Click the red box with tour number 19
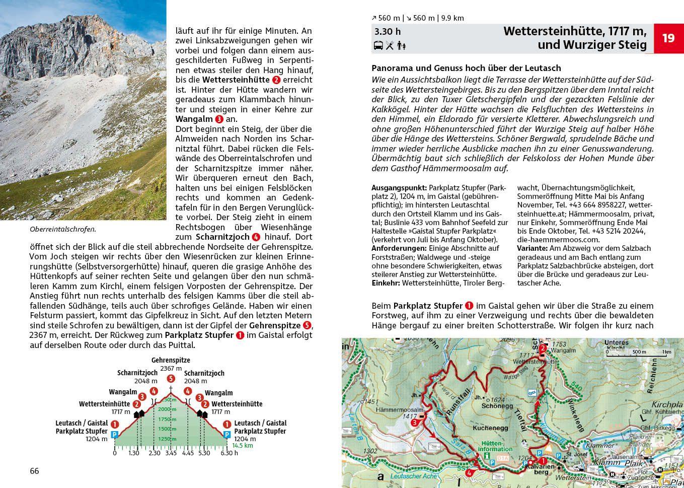click(x=668, y=38)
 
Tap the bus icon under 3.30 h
click(x=378, y=46)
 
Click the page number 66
click(x=34, y=471)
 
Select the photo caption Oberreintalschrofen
click(x=63, y=229)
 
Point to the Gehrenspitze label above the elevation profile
click(x=171, y=361)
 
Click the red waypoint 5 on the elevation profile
click(x=171, y=379)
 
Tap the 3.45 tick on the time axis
click(x=171, y=453)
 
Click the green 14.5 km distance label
click(x=243, y=446)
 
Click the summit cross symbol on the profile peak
click(x=171, y=389)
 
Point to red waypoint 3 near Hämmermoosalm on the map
click(x=414, y=423)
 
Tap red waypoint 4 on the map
click(x=469, y=473)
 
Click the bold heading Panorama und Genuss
click(x=466, y=68)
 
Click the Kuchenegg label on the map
click(x=487, y=428)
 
